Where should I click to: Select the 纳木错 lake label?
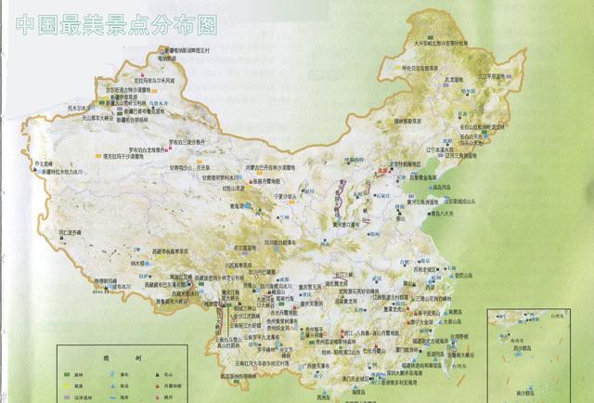(x=138, y=264)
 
